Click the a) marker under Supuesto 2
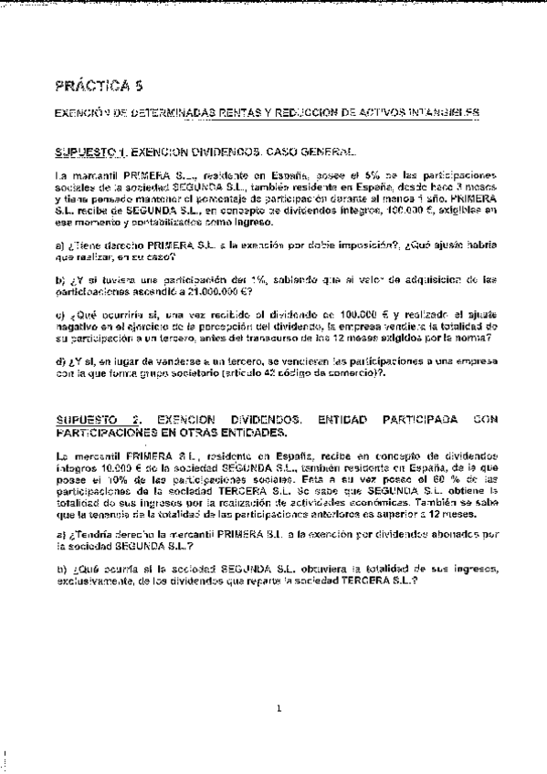click(x=59, y=534)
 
